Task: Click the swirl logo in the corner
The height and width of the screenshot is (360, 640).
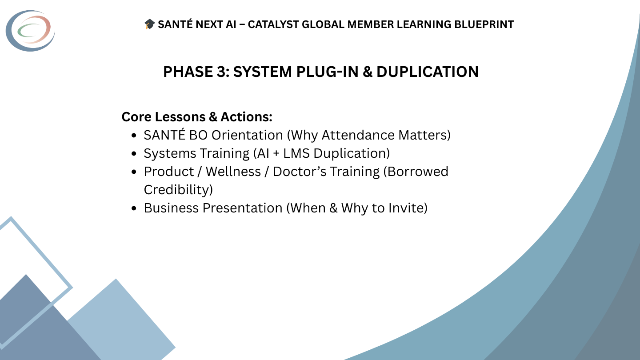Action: [30, 30]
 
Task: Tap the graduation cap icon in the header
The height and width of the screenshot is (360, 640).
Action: [150, 24]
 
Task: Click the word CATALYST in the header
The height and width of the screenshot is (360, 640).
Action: [273, 24]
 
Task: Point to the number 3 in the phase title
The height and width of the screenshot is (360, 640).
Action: [221, 72]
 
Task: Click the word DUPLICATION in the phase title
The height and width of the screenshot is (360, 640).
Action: [428, 72]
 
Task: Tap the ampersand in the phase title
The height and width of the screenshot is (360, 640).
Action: [367, 72]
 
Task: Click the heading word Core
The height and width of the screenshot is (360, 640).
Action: [136, 117]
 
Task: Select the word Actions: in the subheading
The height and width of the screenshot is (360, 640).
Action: [246, 117]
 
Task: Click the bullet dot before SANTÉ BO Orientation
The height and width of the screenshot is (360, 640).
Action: [134, 136]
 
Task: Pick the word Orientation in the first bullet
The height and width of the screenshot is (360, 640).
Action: [247, 135]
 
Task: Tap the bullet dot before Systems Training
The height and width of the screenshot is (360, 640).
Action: [134, 154]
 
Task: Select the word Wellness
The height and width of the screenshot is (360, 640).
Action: [233, 172]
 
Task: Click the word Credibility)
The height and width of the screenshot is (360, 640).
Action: [178, 190]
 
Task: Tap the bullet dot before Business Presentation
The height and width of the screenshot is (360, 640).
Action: [134, 208]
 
